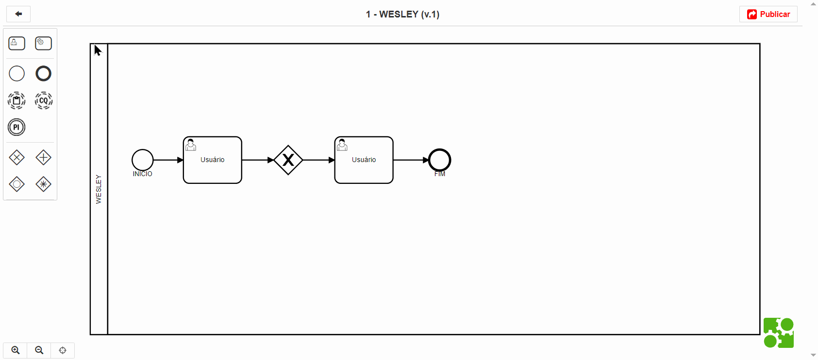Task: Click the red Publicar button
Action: coord(768,14)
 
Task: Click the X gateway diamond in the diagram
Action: coord(288,160)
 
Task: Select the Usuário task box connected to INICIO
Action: coord(213,160)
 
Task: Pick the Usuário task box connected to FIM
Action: coord(364,160)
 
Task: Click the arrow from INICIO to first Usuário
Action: coord(168,160)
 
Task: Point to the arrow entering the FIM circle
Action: coord(411,160)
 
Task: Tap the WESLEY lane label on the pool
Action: coord(99,189)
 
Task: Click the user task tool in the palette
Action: coord(17,44)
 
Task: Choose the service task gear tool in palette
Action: coord(44,44)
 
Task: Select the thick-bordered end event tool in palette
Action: coord(44,74)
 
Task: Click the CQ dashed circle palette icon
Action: coord(44,100)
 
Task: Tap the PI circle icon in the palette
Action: coord(17,128)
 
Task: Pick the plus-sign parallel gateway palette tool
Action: coord(44,158)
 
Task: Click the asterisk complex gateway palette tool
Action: coord(44,184)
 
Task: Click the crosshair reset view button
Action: coord(63,350)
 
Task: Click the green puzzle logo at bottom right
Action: coord(779,333)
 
